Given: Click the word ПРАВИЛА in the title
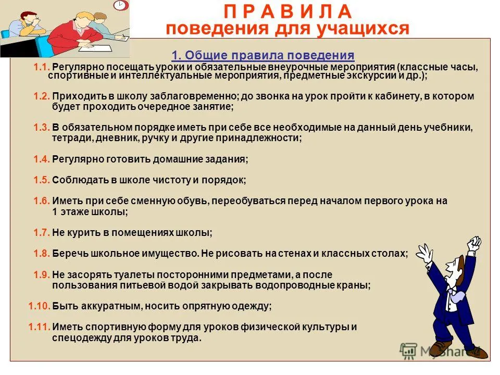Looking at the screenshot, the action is click(287, 12).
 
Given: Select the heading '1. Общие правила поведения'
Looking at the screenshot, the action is click(263, 55).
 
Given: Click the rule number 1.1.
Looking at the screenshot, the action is click(42, 67).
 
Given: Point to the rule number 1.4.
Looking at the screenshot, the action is click(42, 159).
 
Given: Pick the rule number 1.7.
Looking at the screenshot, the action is click(42, 232).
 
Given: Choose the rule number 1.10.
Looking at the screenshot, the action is click(39, 306).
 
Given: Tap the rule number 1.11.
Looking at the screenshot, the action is click(39, 327).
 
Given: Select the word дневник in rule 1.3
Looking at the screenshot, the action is click(116, 139).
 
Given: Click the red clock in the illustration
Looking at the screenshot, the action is click(121, 5).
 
